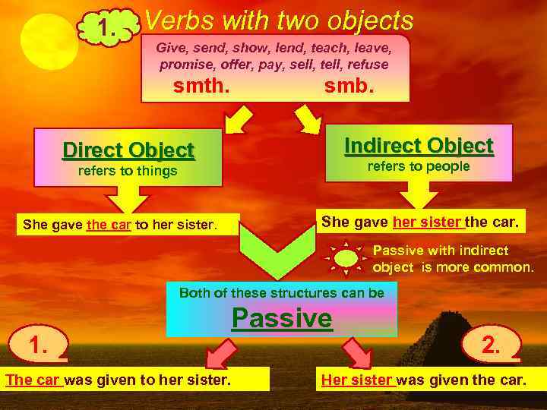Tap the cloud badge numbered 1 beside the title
coord(108,30)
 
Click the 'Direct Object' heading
coord(128,150)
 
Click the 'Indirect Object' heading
coord(419,145)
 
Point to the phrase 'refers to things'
coord(128,172)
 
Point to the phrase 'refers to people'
coord(419,166)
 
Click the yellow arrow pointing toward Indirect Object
coord(308,118)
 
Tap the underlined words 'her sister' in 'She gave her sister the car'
coord(427,222)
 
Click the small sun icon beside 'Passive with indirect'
coord(346,257)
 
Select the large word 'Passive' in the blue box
coord(282,317)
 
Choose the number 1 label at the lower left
coord(39,346)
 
